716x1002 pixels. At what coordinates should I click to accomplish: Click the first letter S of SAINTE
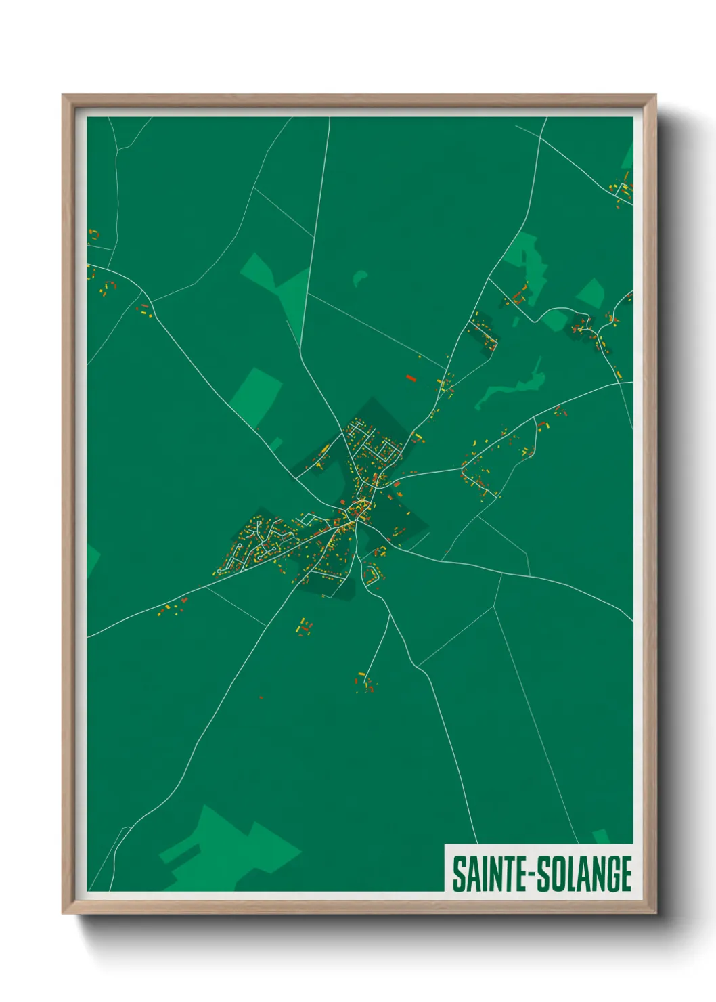pyautogui.click(x=459, y=874)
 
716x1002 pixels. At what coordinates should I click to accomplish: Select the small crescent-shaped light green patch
pyautogui.click(x=359, y=278)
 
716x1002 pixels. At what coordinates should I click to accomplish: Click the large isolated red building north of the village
pyautogui.click(x=410, y=378)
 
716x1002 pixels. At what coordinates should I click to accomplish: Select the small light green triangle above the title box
pyautogui.click(x=601, y=837)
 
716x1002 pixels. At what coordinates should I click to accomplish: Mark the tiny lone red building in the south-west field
pyautogui.click(x=261, y=697)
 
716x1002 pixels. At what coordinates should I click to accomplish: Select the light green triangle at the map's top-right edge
pyautogui.click(x=627, y=156)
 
